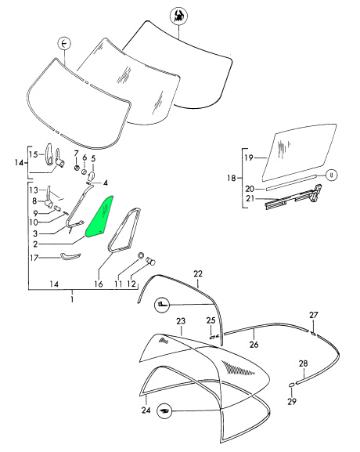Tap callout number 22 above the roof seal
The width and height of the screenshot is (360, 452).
tap(198, 273)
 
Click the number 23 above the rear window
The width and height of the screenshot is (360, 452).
tap(180, 321)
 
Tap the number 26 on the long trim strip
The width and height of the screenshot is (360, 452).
tap(254, 343)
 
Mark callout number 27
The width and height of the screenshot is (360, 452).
tap(314, 315)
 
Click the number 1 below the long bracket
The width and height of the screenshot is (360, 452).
tap(72, 299)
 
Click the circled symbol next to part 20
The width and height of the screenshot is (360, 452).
tap(331, 175)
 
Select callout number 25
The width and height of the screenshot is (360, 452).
tap(211, 320)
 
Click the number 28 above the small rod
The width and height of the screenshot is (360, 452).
tap(304, 364)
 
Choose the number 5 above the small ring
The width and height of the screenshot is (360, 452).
tap(93, 158)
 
